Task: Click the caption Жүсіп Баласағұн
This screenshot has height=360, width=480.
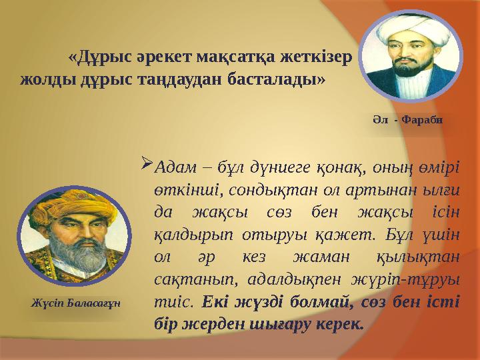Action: pos(76,303)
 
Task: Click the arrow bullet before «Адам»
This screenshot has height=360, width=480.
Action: pos(147,163)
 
